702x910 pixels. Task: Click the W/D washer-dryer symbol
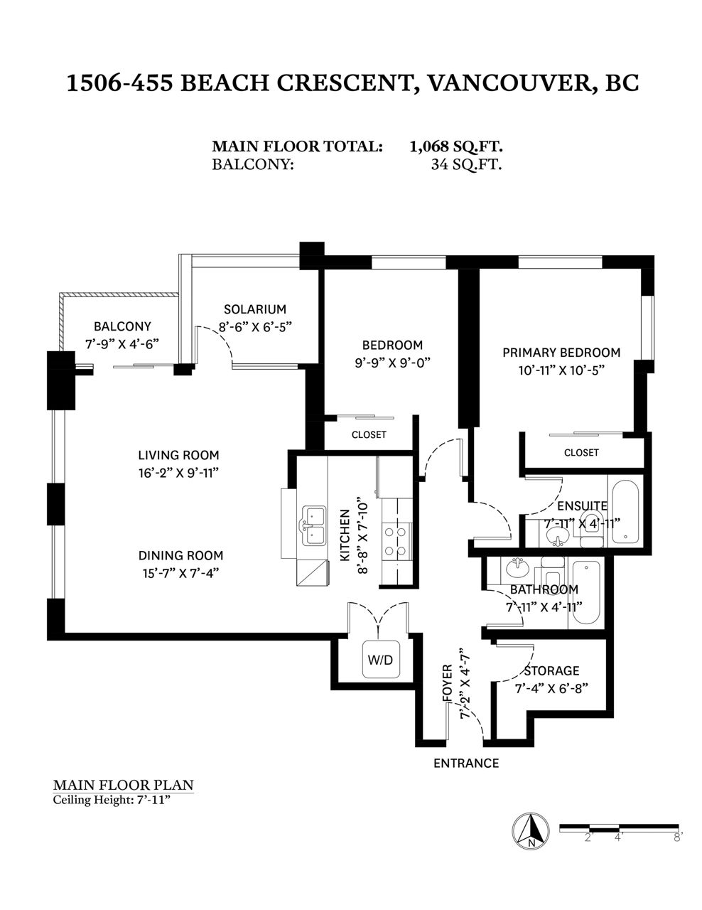pyautogui.click(x=380, y=659)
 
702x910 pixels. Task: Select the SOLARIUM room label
pyautogui.click(x=255, y=309)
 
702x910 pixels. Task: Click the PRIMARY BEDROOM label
pyautogui.click(x=561, y=353)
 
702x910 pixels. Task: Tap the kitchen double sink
pyautogui.click(x=314, y=525)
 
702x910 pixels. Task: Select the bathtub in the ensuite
pyautogui.click(x=625, y=511)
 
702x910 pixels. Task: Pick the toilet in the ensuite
pyautogui.click(x=593, y=528)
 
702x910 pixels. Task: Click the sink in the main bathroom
pyautogui.click(x=517, y=569)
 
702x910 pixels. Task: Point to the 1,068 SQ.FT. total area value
pyautogui.click(x=456, y=146)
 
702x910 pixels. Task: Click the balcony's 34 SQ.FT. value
pyautogui.click(x=467, y=164)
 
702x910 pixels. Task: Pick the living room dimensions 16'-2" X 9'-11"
pyautogui.click(x=179, y=473)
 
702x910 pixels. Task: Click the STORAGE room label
pyautogui.click(x=552, y=671)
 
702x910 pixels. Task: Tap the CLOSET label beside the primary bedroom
pyautogui.click(x=581, y=452)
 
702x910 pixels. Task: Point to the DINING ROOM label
pyautogui.click(x=180, y=555)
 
